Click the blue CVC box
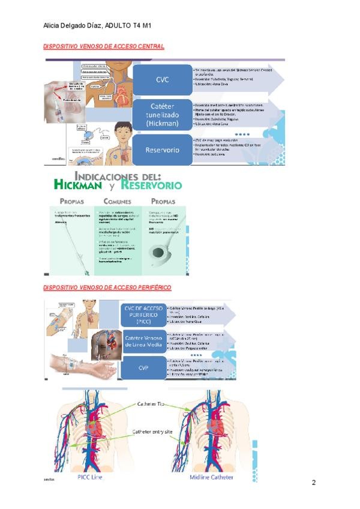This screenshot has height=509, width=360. [x=163, y=79]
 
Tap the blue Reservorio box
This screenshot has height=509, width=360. [x=163, y=150]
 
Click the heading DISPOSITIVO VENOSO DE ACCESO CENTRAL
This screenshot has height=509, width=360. [x=104, y=46]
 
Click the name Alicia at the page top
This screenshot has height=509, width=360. [x=55, y=26]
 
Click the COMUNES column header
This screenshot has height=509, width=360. [x=117, y=202]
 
